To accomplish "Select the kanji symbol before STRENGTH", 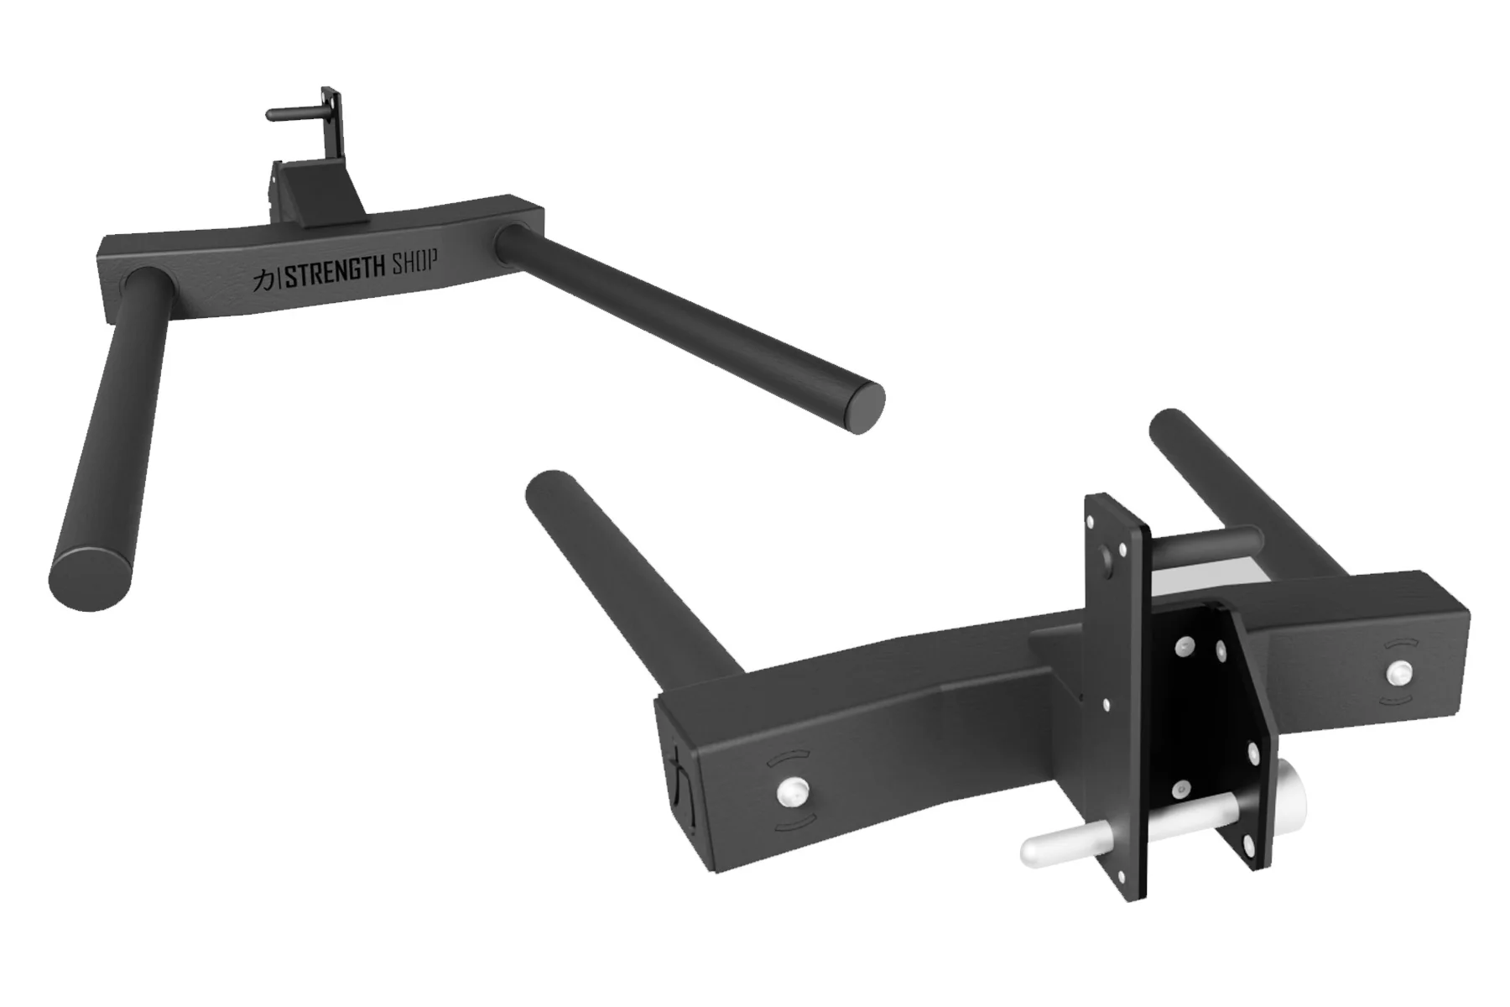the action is tap(264, 281).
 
